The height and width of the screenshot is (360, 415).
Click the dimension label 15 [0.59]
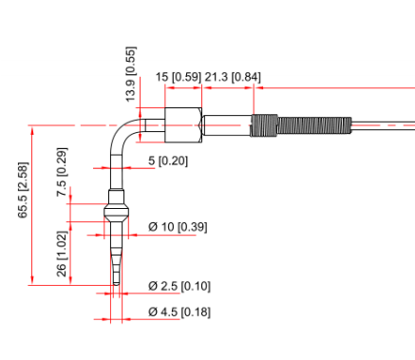click(179, 77)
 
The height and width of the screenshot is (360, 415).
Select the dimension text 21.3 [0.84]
click(233, 77)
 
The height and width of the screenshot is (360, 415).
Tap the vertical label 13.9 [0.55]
click(131, 74)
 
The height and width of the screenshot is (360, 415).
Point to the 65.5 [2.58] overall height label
click(23, 190)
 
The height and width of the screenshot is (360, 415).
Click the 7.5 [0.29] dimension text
click(62, 172)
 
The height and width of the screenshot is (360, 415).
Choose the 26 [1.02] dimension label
click(62, 254)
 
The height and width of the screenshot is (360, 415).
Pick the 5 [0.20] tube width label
click(168, 161)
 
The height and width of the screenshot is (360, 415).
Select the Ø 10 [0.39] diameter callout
click(178, 227)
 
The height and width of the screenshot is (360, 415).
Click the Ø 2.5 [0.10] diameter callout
click(179, 286)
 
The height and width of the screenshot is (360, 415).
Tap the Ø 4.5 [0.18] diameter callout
click(179, 313)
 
